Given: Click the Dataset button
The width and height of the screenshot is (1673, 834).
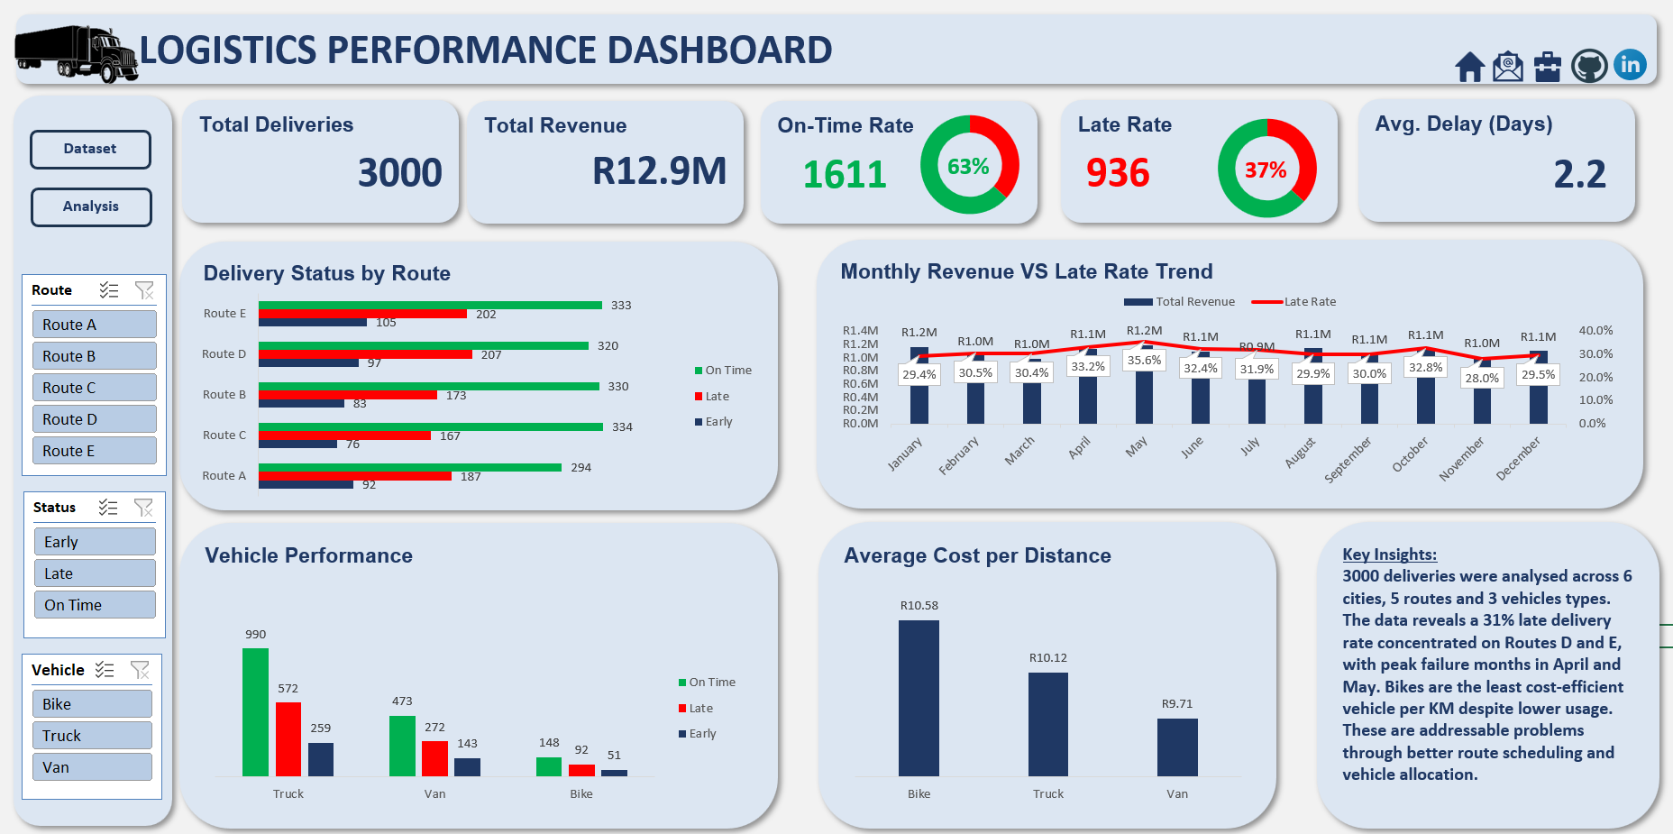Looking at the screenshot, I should click(90, 150).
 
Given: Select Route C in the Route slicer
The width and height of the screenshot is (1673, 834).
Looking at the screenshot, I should click(95, 388).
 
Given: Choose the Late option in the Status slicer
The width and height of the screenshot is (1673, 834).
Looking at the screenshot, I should click(95, 573).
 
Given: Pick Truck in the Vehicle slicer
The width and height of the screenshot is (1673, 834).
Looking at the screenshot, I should click(93, 736).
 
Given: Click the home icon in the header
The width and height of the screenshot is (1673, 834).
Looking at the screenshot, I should click(1469, 67).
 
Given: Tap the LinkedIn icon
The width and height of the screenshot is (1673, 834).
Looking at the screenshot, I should click(1630, 65).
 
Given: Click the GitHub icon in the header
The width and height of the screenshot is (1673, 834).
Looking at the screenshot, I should click(1589, 66).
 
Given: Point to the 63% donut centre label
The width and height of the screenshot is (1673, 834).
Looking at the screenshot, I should click(968, 167).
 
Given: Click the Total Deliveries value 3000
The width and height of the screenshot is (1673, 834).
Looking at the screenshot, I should click(399, 173).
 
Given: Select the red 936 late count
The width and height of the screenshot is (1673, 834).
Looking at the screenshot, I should click(1118, 173).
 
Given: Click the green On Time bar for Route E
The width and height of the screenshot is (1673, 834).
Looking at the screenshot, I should click(430, 306).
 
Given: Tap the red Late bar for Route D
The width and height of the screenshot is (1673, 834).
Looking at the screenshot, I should click(365, 354).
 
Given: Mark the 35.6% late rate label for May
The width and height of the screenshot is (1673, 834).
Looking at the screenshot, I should click(1144, 361).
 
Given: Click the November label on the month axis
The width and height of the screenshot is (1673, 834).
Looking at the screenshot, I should click(1461, 459).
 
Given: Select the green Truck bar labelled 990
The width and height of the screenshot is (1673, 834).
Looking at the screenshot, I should click(255, 711).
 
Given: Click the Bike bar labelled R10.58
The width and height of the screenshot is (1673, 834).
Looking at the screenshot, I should click(919, 698).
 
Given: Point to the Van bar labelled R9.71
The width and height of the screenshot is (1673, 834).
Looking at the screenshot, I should click(1177, 747).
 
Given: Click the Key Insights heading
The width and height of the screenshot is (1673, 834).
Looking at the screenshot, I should click(1389, 554).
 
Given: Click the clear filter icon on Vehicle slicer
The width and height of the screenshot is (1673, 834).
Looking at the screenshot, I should click(141, 670).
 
